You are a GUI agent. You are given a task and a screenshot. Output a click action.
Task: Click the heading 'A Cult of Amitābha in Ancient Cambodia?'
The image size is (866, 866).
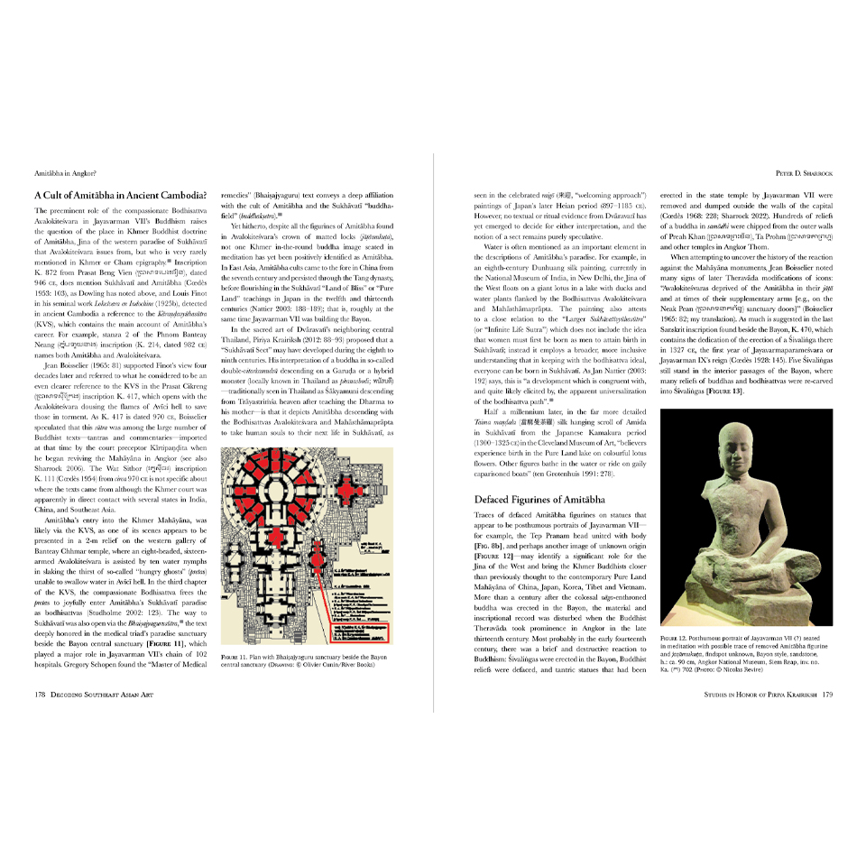(119, 194)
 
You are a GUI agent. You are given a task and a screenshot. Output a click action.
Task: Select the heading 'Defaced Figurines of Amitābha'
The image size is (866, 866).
(539, 499)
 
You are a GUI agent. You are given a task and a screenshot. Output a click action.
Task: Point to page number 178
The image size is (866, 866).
(40, 695)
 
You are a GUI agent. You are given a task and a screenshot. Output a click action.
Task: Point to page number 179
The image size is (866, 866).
(826, 695)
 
